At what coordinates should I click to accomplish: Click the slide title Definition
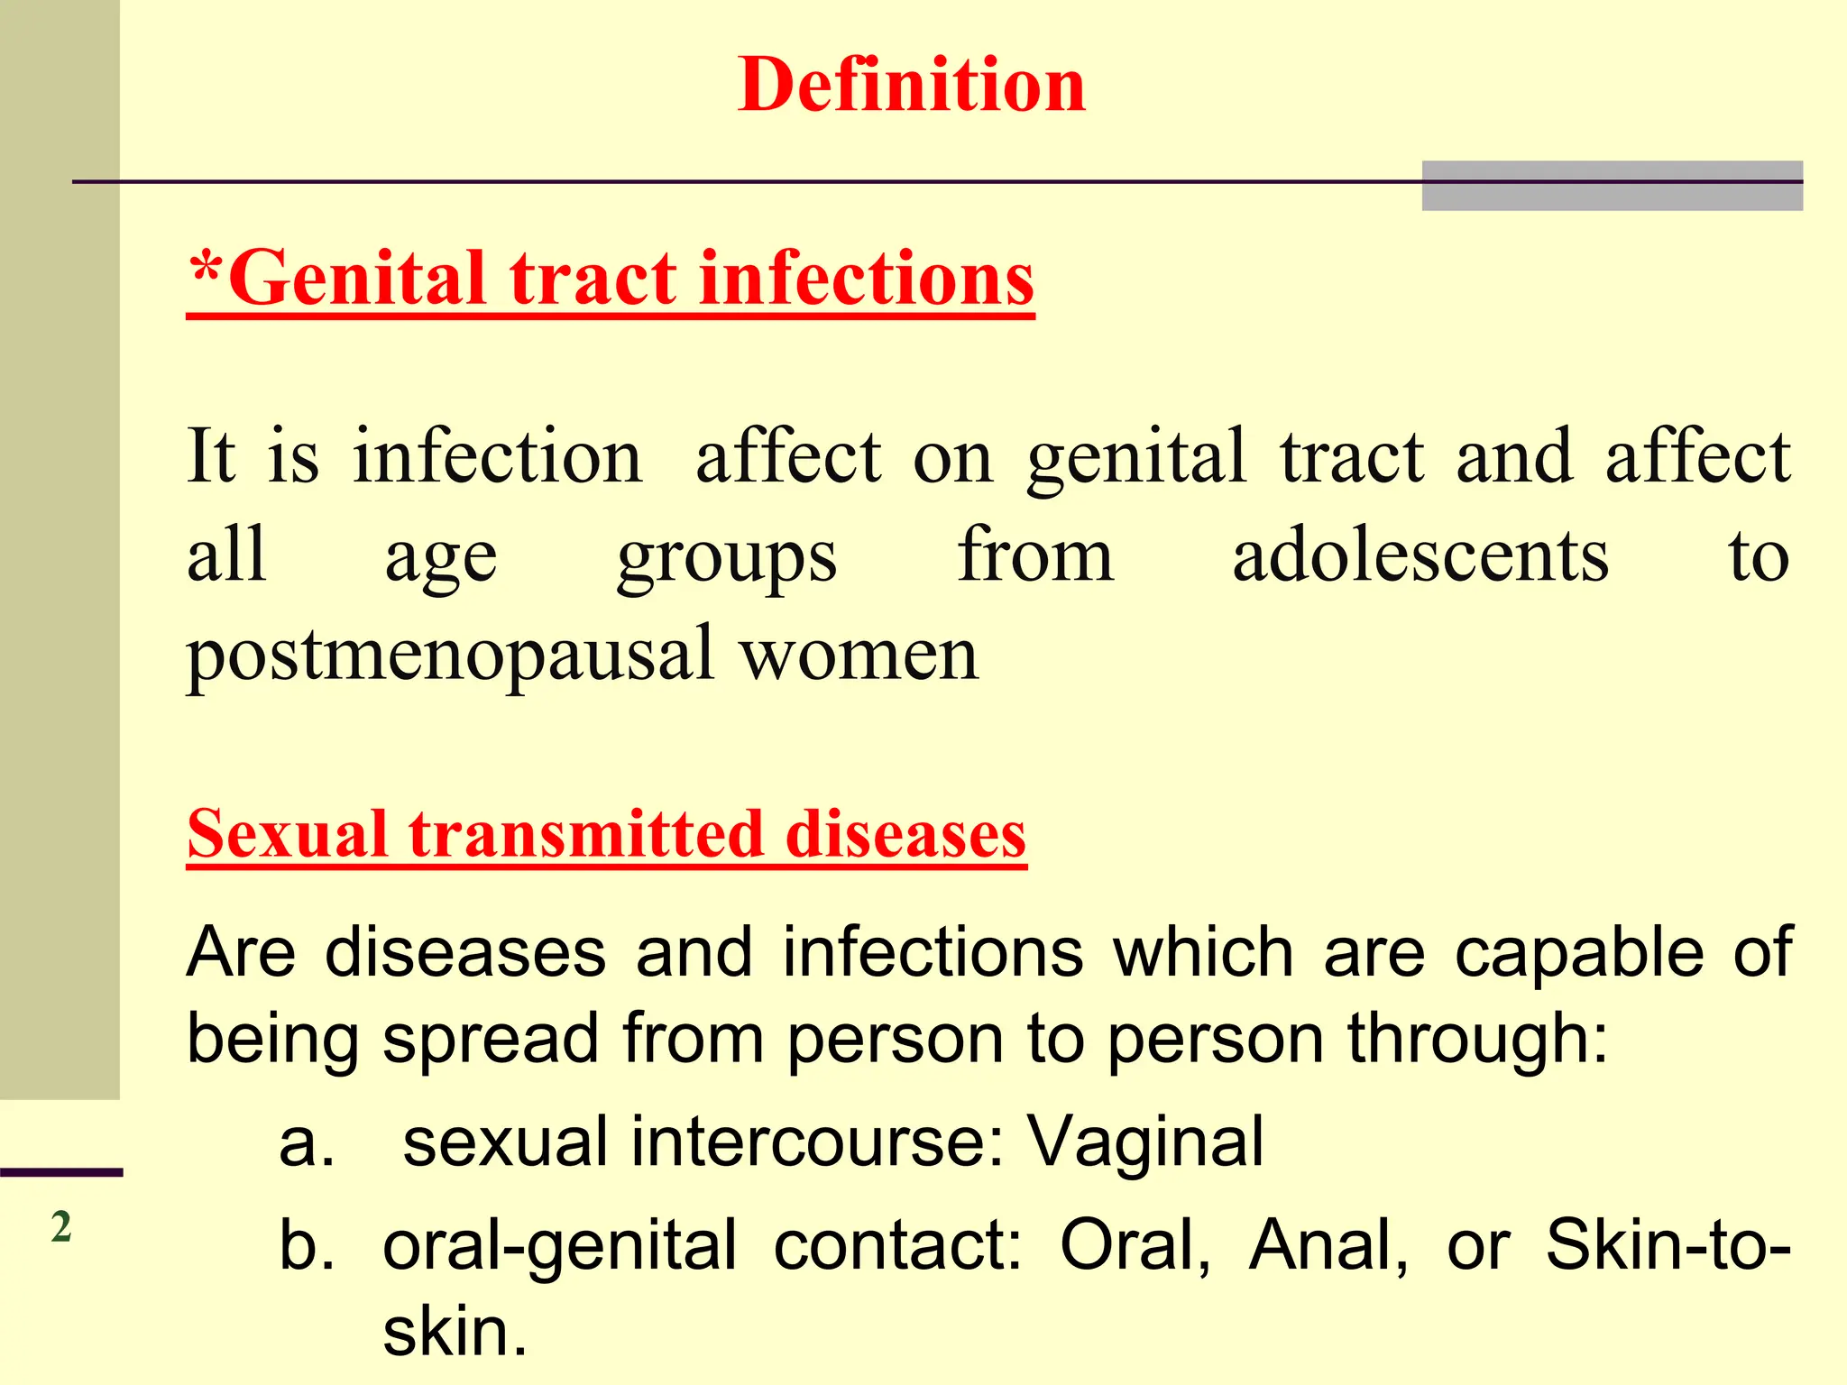(x=912, y=85)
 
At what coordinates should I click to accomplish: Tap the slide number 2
(x=60, y=1227)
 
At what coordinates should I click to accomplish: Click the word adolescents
(x=1420, y=555)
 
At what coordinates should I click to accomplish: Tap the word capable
(x=1578, y=954)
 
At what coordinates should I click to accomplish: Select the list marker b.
(x=307, y=1244)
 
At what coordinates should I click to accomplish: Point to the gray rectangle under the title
(x=1612, y=186)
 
